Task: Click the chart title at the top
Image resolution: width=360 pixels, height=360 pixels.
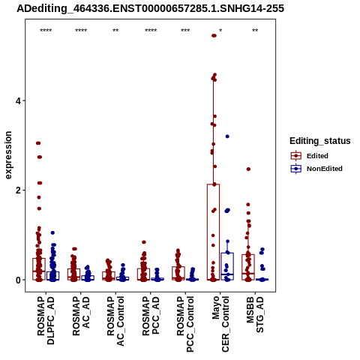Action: click(x=150, y=8)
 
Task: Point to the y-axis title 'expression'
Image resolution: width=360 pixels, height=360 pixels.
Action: click(x=8, y=155)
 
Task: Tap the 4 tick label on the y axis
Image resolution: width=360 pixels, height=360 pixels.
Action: click(x=18, y=101)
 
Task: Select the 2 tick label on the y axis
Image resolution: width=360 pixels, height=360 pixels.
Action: click(x=18, y=190)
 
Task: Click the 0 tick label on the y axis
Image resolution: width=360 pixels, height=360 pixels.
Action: click(x=18, y=280)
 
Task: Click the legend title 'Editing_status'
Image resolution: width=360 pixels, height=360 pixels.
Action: click(x=319, y=141)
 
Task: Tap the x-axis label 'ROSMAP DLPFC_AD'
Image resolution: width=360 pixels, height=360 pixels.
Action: click(x=46, y=320)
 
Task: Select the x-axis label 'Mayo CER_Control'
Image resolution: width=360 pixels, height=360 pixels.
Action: click(x=220, y=324)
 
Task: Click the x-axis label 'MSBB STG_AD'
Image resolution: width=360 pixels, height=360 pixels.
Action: click(x=255, y=314)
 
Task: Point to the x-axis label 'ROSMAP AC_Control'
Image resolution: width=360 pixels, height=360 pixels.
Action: click(x=115, y=321)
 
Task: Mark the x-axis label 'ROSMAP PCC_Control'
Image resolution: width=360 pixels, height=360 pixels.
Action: click(x=185, y=324)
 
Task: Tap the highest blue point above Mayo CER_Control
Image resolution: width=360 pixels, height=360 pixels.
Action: click(x=227, y=136)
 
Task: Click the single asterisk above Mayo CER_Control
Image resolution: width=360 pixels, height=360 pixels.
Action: click(x=220, y=31)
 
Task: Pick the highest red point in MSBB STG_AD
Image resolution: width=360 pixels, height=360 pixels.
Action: click(x=248, y=169)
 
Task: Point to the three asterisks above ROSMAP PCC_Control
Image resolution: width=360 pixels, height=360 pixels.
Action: click(x=185, y=31)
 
